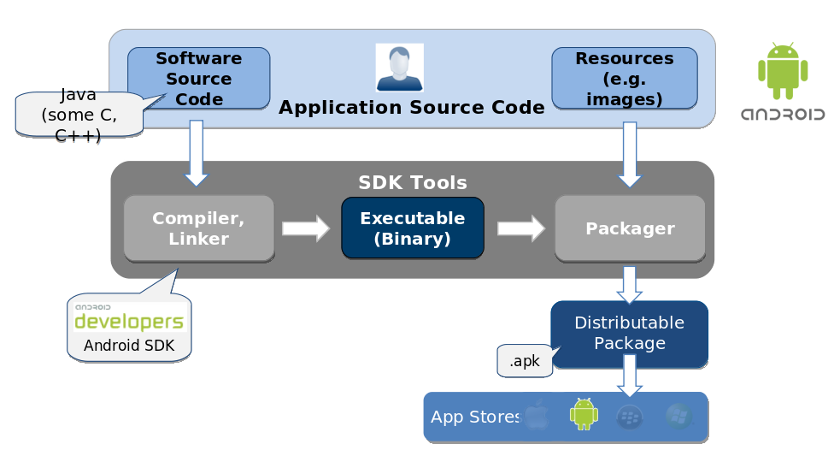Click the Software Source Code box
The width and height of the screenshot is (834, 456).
pyautogui.click(x=198, y=79)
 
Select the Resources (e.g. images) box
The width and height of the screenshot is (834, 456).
pyautogui.click(x=624, y=79)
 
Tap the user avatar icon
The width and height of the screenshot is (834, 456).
pyautogui.click(x=399, y=68)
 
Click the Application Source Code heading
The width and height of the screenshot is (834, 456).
pyautogui.click(x=411, y=108)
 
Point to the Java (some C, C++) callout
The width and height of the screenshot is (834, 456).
pyautogui.click(x=79, y=115)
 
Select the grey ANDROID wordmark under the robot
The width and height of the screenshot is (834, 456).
pyautogui.click(x=782, y=114)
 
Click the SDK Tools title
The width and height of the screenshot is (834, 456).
pyautogui.click(x=412, y=182)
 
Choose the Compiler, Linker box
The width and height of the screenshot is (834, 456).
pyautogui.click(x=198, y=228)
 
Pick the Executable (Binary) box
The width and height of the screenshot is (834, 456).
pyautogui.click(x=412, y=228)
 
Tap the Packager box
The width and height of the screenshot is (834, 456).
pyautogui.click(x=630, y=228)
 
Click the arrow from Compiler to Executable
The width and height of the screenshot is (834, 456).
pyautogui.click(x=305, y=228)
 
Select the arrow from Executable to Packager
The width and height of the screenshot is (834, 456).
pyautogui.click(x=520, y=228)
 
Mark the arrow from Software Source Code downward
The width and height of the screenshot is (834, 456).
pyautogui.click(x=197, y=152)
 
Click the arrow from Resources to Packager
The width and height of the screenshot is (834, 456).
pyautogui.click(x=630, y=154)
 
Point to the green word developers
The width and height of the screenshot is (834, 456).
pyautogui.click(x=129, y=322)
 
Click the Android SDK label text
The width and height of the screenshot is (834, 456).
pyautogui.click(x=129, y=346)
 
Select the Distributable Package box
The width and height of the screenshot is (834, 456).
pyautogui.click(x=629, y=333)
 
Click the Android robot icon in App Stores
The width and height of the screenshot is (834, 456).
pyautogui.click(x=584, y=414)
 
